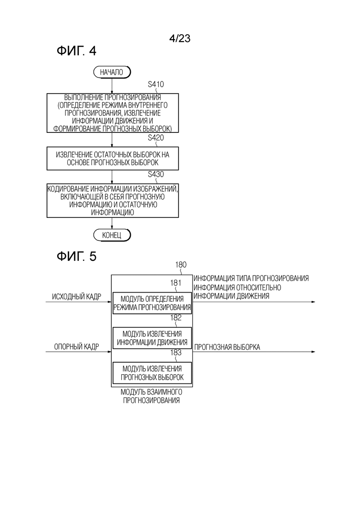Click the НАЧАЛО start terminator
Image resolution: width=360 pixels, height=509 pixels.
(112, 72)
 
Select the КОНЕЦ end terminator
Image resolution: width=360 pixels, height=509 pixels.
(112, 235)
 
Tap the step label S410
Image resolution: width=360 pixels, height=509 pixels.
(156, 84)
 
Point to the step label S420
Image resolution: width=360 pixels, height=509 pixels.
(156, 138)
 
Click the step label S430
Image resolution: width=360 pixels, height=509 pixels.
(156, 174)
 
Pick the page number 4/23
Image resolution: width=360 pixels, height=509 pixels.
(180, 38)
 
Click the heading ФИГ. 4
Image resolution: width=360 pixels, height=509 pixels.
(77, 51)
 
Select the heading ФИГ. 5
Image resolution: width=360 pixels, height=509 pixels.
(77, 257)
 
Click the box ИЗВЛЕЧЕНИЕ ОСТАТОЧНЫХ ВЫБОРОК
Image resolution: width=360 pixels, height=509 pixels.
(113, 158)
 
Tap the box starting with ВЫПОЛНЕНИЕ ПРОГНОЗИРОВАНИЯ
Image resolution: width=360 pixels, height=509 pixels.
(113, 113)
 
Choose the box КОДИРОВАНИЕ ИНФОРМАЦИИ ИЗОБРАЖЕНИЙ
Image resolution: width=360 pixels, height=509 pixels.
(113, 201)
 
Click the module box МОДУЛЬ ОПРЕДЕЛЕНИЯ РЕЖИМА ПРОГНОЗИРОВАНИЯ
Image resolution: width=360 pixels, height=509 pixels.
(152, 303)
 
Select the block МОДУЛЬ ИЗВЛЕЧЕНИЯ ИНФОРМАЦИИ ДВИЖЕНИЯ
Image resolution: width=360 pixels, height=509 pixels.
(152, 338)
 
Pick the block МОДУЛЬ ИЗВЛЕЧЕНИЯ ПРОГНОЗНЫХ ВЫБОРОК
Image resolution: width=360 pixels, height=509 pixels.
(152, 373)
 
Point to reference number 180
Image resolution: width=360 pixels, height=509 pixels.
(181, 265)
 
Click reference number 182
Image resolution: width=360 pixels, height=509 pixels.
(176, 318)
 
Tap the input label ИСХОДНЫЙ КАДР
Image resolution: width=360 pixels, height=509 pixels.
(77, 297)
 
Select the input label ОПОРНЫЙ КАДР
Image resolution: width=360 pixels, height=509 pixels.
(77, 347)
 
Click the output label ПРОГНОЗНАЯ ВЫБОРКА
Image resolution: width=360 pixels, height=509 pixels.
(227, 347)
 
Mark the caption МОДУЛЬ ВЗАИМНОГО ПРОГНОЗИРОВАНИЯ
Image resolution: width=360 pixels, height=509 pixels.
(151, 396)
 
